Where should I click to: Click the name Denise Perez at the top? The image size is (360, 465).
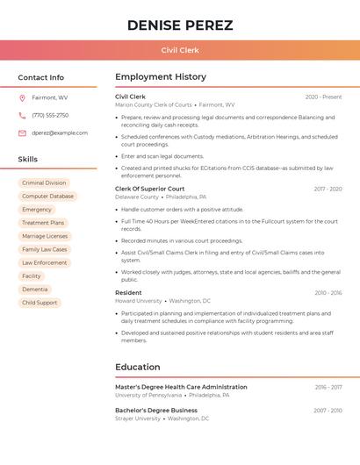coord(180,25)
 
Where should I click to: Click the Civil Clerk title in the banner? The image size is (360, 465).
coord(180,50)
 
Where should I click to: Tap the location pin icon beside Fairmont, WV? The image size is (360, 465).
coord(22,97)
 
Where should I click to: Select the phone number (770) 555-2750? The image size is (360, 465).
coord(50,115)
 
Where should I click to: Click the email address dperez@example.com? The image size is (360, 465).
coord(60,132)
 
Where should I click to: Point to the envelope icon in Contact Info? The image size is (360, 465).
coord(22,132)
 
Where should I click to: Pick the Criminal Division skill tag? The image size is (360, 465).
coord(44,183)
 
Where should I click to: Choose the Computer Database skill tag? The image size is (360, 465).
coord(47,197)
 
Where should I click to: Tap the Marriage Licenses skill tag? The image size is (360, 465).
coord(45,236)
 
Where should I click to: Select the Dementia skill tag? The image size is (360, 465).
coord(35,289)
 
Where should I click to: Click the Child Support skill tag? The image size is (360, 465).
coord(40,303)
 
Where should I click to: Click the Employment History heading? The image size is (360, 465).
coord(161,77)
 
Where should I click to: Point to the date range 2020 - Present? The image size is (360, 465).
coord(323,97)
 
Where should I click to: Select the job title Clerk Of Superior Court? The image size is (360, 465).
coord(150,189)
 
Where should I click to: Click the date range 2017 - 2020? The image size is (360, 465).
coord(328,189)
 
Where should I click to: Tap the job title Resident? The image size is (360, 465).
coord(128,292)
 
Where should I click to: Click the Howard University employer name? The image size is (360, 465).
coord(139,301)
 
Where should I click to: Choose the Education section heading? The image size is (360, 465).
coord(138,367)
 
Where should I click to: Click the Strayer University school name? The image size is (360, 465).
coord(138,418)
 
